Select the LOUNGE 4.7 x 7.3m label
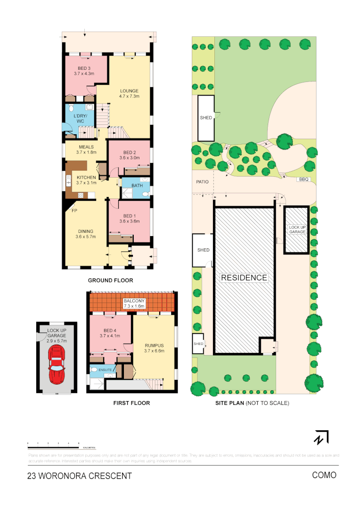[x=129, y=93]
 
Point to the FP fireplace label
[x=74, y=211]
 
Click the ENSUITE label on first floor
[x=105, y=370]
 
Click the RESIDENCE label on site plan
[x=244, y=278]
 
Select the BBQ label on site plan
[x=303, y=180]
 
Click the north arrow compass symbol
[x=321, y=437]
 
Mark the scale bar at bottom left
[x=53, y=444]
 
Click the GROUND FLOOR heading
[x=111, y=280]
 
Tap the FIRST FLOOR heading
[x=131, y=403]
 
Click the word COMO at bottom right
[x=324, y=475]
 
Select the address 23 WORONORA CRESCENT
[x=80, y=476]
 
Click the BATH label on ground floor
[x=137, y=186]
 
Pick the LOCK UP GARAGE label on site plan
[x=297, y=230]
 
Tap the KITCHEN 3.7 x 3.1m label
[x=86, y=180]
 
